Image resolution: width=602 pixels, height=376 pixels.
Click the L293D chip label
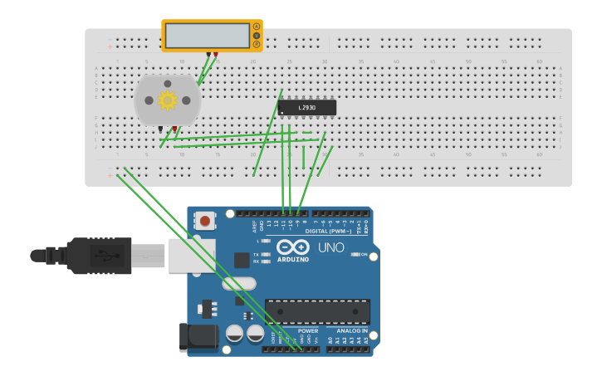coord(307,108)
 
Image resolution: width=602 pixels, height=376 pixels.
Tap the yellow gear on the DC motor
coord(168,100)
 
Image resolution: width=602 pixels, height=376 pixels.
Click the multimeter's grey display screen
coord(207,36)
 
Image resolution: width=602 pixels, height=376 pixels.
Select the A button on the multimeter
coord(257,27)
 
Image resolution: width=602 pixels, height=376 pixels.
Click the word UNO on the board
coord(331,247)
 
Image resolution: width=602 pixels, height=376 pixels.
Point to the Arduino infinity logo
coord(293,247)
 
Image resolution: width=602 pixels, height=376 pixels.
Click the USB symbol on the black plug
coord(99,254)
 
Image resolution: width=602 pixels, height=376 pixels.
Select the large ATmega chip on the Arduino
coord(317,311)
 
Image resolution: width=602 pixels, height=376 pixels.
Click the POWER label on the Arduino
coord(307,330)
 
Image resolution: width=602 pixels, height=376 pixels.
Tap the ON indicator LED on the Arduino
coord(355,255)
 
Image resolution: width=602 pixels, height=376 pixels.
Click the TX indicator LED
coord(264,255)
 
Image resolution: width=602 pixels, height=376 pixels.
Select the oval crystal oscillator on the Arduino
coord(240,284)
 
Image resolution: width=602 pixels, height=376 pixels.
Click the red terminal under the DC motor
coord(174,129)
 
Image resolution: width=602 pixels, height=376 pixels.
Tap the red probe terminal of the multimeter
coord(216,55)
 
